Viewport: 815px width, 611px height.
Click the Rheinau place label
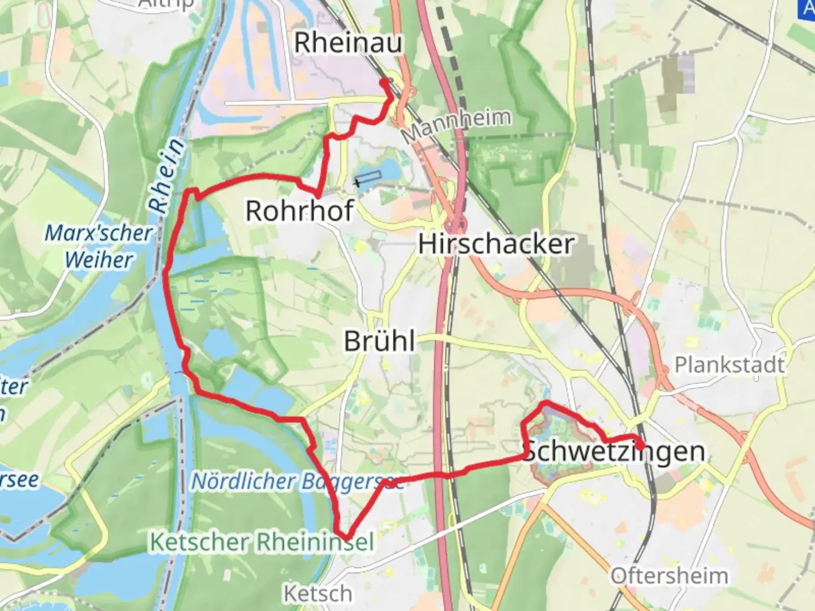[x=348, y=43]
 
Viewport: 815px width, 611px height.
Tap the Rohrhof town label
[x=299, y=211]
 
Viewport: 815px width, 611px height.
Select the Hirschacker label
[x=496, y=244]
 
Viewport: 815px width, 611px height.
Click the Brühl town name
[x=380, y=342]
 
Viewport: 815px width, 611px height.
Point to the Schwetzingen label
[x=614, y=451]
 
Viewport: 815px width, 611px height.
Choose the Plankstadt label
[x=730, y=365]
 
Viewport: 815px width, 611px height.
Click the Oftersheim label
[x=670, y=576]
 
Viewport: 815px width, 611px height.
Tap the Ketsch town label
[x=318, y=594]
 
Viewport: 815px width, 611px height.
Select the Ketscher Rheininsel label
[x=261, y=542]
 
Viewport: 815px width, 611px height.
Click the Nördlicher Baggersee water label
[x=297, y=481]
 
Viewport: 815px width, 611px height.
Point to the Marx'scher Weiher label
[x=98, y=246]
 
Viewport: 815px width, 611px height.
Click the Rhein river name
[x=168, y=175]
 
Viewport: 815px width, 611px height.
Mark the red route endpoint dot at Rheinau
[x=384, y=83]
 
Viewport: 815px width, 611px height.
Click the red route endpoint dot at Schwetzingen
[x=640, y=446]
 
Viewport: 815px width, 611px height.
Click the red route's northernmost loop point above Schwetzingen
[x=546, y=403]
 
